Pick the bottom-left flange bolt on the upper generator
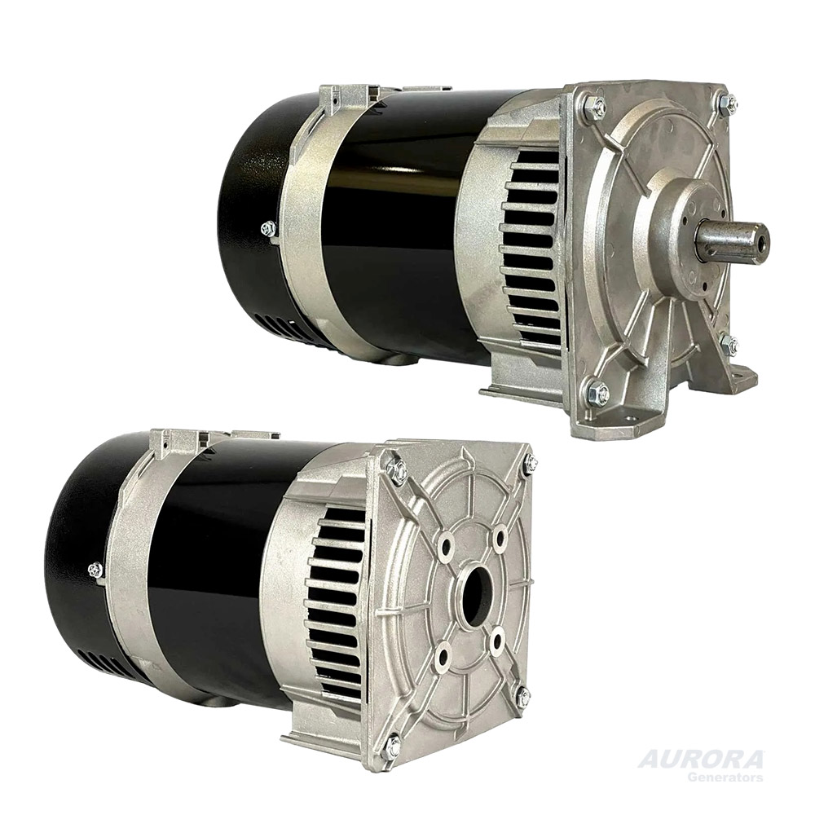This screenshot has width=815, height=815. coord(596,392)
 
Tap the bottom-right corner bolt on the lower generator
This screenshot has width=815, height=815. coord(522,697)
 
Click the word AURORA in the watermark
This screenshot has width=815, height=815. coord(700,760)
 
